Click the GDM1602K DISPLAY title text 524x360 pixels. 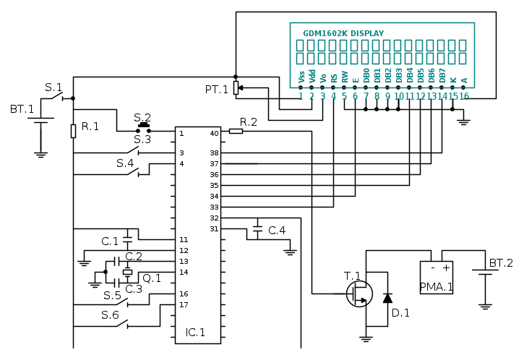pyautogui.click(x=343, y=33)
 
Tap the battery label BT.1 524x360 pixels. pyautogui.click(x=22, y=109)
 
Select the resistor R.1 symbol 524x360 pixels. pyautogui.click(x=73, y=130)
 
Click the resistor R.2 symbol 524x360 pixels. pyautogui.click(x=236, y=131)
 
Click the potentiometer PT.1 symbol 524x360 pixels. pyautogui.click(x=236, y=88)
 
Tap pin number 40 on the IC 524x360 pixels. pyautogui.click(x=214, y=134)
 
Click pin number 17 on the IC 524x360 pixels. pyautogui.click(x=183, y=304)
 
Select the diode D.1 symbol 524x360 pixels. pyautogui.click(x=387, y=297)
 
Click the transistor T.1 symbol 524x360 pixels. pyautogui.click(x=358, y=293)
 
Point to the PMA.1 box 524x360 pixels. pyautogui.click(x=436, y=277)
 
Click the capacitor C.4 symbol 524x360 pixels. pyautogui.click(x=257, y=231)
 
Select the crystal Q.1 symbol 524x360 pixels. pyautogui.click(x=128, y=272)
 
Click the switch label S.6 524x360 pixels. pyautogui.click(x=110, y=314)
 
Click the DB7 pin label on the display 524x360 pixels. pyautogui.click(x=442, y=74)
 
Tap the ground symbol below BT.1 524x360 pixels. pyautogui.click(x=41, y=153)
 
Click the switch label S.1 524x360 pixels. pyautogui.click(x=53, y=87)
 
